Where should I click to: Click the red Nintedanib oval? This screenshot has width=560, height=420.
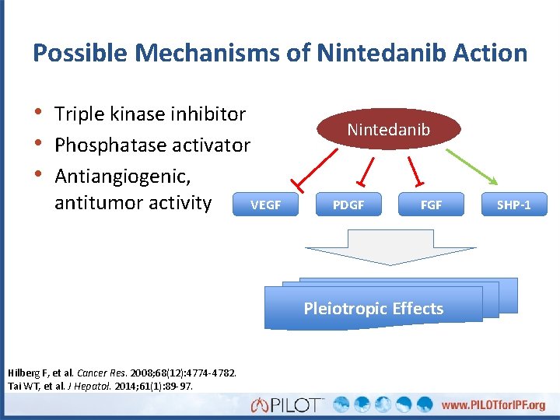tap(388, 129)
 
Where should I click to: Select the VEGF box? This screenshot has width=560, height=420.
tap(265, 205)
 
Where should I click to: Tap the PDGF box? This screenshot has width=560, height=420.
tap(348, 205)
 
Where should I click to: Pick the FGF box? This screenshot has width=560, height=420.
tap(431, 205)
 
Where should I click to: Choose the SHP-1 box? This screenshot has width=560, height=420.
tap(514, 205)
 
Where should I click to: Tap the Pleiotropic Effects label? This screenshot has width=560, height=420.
tap(373, 308)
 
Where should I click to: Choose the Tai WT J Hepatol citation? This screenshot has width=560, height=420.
tap(100, 386)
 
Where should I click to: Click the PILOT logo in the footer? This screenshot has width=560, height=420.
tap(288, 404)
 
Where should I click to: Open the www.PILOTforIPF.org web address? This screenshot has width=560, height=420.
tap(493, 404)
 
